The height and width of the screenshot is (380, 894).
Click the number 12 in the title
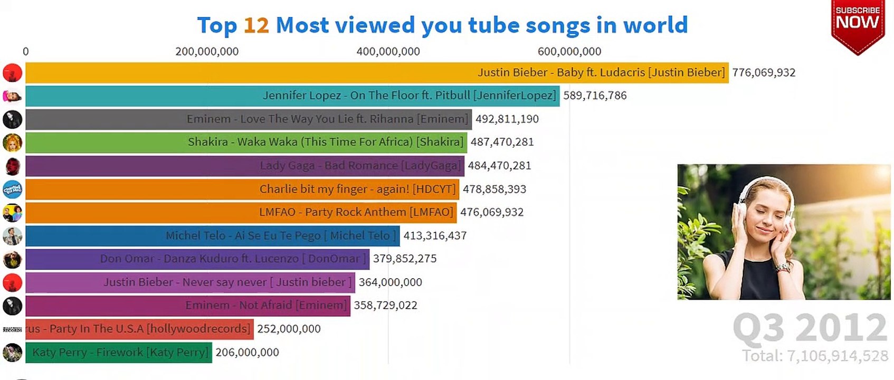(256, 25)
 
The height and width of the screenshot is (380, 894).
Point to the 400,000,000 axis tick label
(388, 52)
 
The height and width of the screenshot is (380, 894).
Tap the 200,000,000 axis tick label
(207, 52)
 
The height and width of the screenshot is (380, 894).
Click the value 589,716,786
(595, 96)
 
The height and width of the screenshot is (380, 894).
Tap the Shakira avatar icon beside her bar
(12, 142)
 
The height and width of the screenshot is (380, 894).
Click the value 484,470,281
(499, 166)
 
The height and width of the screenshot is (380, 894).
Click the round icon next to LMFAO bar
(12, 213)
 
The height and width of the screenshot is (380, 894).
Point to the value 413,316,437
(435, 235)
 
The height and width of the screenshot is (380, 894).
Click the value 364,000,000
(390, 282)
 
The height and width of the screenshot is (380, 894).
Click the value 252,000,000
(289, 329)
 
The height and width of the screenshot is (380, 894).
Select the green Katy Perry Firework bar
(118, 352)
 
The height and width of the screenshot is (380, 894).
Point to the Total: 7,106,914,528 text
(815, 356)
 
